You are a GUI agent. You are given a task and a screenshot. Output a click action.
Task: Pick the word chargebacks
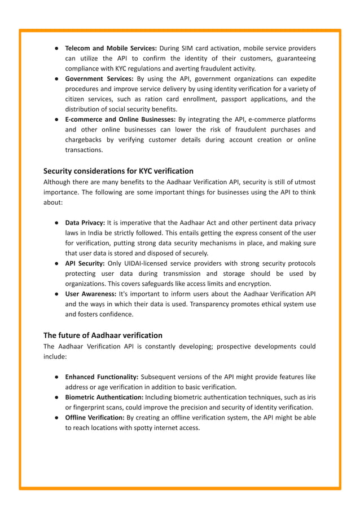click(86, 140)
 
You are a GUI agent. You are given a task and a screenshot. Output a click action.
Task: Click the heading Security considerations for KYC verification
click(118, 171)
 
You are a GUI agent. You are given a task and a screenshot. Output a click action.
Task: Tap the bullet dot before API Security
click(58, 264)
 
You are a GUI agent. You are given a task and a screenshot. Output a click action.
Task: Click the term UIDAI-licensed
click(148, 264)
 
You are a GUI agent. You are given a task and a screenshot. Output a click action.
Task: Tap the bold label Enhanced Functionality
click(102, 377)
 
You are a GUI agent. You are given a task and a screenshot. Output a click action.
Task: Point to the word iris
click(310, 397)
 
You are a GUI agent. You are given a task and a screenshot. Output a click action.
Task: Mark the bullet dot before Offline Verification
click(58, 418)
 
